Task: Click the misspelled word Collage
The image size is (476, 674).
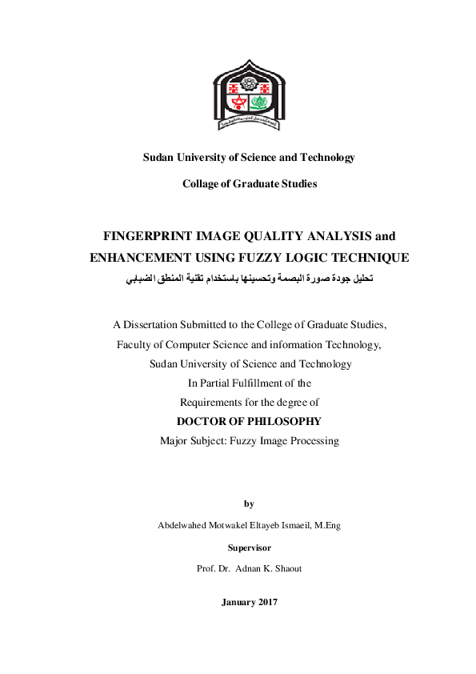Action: (x=201, y=184)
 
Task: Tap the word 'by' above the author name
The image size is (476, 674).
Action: (x=249, y=503)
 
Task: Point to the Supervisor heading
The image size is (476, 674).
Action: (x=249, y=548)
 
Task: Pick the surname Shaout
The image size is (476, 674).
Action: (x=286, y=568)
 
